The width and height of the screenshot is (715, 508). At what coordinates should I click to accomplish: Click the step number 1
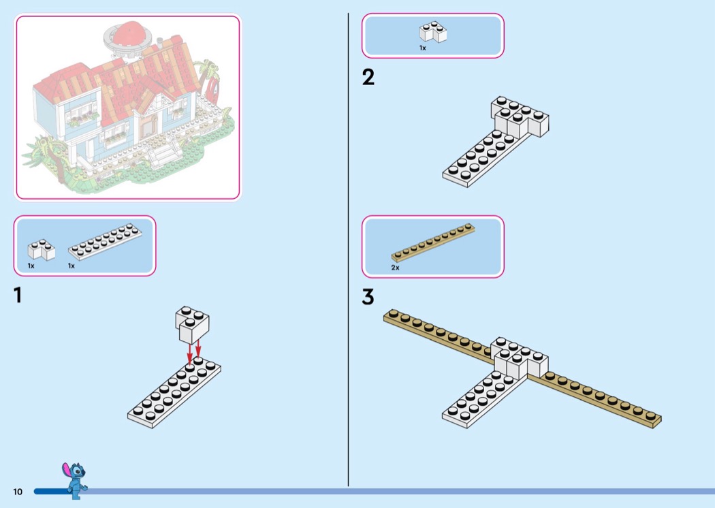pyautogui.click(x=18, y=295)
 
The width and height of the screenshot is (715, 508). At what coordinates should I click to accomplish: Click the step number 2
pyautogui.click(x=368, y=77)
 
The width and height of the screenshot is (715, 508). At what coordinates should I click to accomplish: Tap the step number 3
pyautogui.click(x=368, y=296)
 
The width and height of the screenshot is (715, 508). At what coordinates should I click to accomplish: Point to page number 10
pyautogui.click(x=18, y=492)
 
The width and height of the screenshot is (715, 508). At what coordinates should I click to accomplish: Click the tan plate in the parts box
pyautogui.click(x=432, y=242)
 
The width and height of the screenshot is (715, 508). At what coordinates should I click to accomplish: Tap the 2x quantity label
pyautogui.click(x=396, y=268)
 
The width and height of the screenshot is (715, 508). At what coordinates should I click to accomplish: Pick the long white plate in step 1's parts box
pyautogui.click(x=105, y=242)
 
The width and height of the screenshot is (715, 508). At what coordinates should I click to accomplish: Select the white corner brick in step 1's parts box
pyautogui.click(x=41, y=249)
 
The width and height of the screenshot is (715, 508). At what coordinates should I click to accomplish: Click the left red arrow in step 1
pyautogui.click(x=189, y=355)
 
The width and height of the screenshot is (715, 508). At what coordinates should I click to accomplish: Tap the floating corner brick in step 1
pyautogui.click(x=192, y=325)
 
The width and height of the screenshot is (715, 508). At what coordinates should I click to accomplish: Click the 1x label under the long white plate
pyautogui.click(x=71, y=266)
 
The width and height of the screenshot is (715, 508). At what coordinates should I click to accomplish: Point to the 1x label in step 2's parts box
pyautogui.click(x=423, y=48)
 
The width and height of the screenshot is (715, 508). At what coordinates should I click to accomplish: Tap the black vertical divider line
pyautogui.click(x=349, y=249)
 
